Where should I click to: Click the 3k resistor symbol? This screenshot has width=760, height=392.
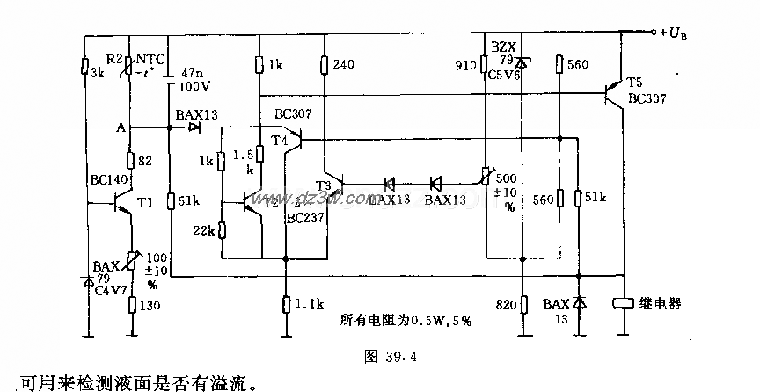pos(84,66)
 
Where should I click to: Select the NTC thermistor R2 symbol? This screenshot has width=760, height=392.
pos(130,65)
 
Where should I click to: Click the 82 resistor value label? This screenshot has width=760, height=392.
pos(147,161)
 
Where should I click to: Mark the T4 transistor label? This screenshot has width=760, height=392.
pos(280,140)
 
